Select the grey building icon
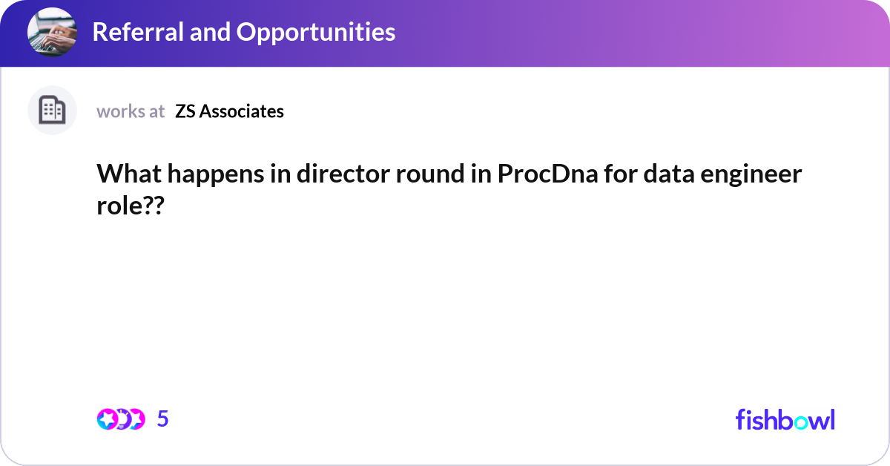point(52,111)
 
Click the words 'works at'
point(131,111)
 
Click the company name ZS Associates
point(229,111)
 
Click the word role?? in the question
point(129,207)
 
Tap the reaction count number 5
point(163,419)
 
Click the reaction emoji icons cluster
point(120,419)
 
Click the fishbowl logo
point(785,419)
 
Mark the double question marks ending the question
point(153,207)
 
